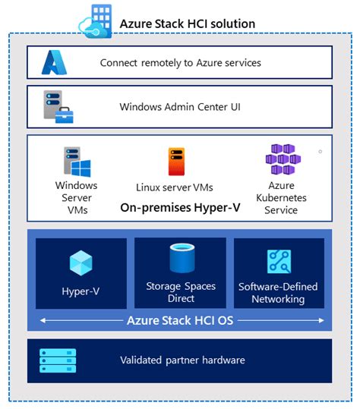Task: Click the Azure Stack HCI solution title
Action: click(187, 24)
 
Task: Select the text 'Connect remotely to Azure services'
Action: click(180, 63)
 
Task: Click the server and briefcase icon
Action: click(58, 107)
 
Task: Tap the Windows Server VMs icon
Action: click(77, 161)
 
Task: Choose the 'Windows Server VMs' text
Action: click(77, 197)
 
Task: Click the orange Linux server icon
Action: click(176, 162)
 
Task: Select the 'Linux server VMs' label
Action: click(175, 187)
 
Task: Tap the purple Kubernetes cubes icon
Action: click(280, 160)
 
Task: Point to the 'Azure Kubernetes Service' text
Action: click(281, 197)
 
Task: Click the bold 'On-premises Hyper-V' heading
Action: click(180, 206)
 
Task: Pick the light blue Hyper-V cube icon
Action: click(81, 263)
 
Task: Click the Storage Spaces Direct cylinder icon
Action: click(181, 259)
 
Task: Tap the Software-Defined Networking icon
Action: click(279, 262)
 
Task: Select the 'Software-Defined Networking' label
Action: click(278, 293)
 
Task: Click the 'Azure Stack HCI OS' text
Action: click(180, 320)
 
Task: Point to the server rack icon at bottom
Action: click(58, 360)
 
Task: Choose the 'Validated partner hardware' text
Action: click(182, 360)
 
